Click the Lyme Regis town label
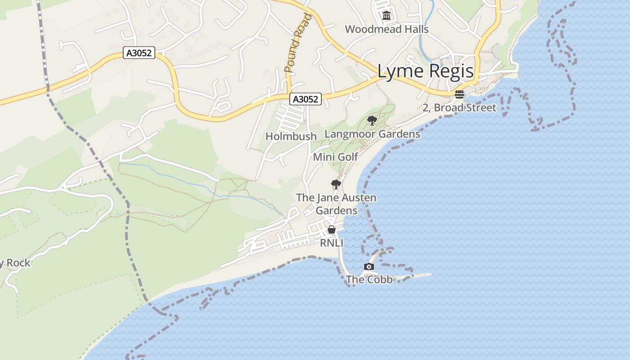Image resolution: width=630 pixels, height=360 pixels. tap(425, 72)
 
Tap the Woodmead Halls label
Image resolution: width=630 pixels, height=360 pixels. tap(387, 29)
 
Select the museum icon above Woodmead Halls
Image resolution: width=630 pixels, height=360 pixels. tap(386, 16)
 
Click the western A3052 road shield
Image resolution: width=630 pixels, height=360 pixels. tap(139, 53)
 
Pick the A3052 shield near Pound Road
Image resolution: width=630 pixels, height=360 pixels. tap(306, 99)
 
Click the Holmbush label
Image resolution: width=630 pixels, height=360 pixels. tap(291, 136)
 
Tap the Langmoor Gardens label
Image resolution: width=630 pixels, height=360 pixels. tap(372, 134)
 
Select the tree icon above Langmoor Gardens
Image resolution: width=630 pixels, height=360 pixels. tap(372, 120)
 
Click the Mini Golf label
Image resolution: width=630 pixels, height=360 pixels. tap(335, 157)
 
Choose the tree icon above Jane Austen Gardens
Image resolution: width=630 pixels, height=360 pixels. tap(336, 184)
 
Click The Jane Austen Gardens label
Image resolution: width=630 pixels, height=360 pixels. tap(336, 204)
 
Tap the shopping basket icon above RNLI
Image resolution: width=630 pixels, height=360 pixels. tap(332, 229)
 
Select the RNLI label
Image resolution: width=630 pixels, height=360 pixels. tap(332, 243)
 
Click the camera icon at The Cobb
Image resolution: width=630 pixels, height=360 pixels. tap(369, 266)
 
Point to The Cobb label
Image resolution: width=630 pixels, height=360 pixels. tap(369, 279)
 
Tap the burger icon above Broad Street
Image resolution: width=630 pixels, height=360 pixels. tap(459, 94)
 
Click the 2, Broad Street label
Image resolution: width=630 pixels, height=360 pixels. tap(459, 108)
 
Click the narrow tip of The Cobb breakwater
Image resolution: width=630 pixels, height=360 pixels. tap(429, 274)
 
